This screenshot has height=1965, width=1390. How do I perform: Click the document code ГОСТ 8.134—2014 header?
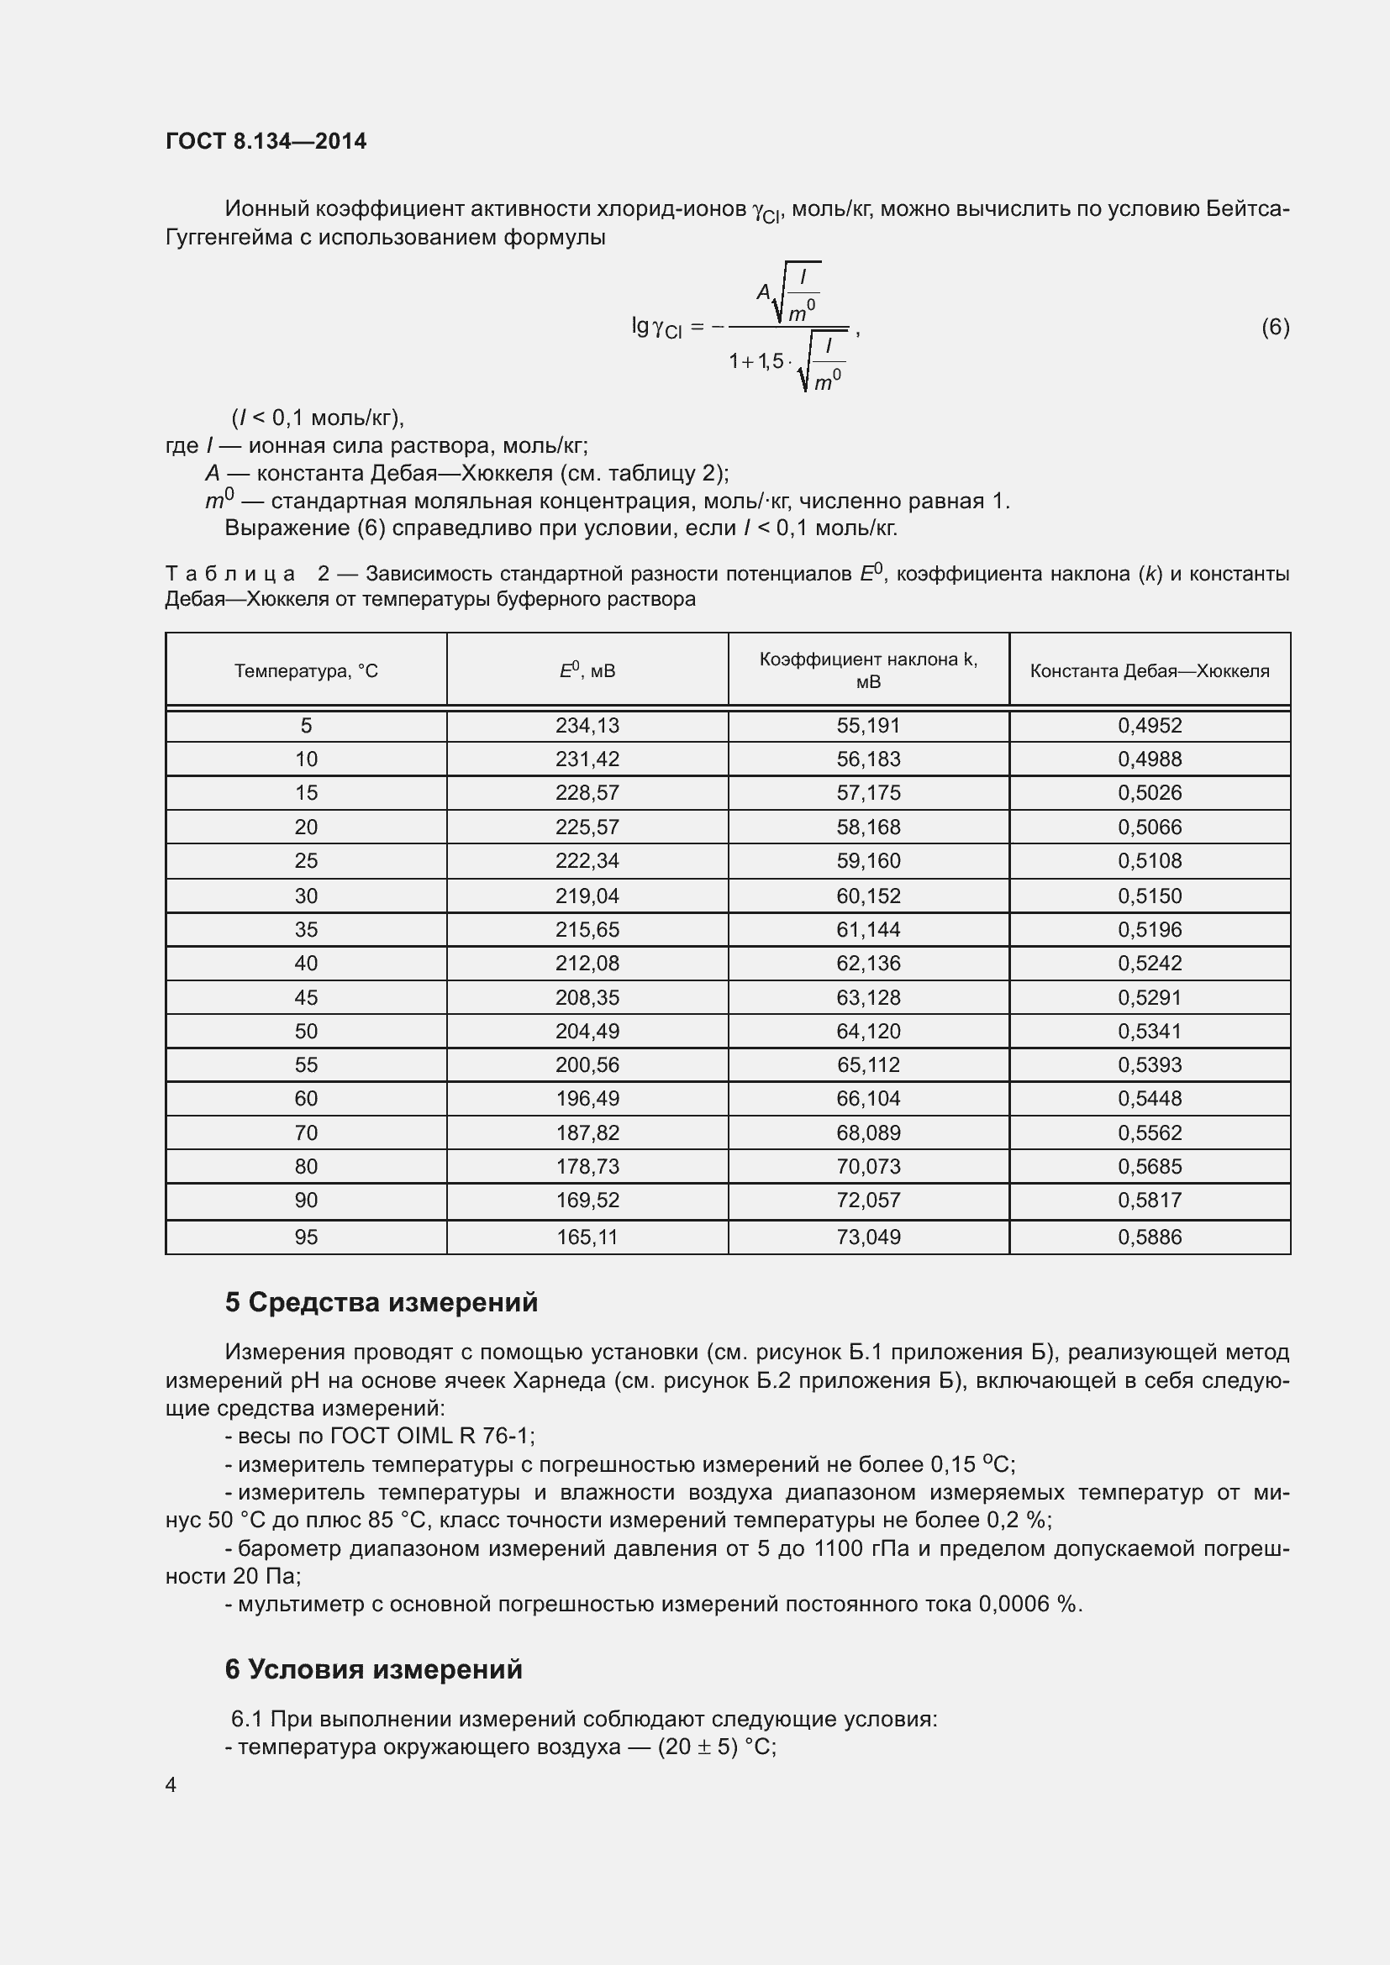(x=266, y=141)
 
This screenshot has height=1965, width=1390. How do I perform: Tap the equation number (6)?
(x=1275, y=327)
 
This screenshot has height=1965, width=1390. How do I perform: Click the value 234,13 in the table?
(x=587, y=726)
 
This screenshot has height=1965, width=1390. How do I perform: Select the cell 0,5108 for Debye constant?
(x=1149, y=861)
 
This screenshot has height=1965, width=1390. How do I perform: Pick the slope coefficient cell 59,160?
(x=868, y=861)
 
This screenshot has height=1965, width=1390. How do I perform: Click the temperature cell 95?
(x=306, y=1237)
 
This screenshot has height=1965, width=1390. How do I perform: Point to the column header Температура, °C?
(x=306, y=671)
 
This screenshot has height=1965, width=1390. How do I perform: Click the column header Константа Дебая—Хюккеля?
(x=1149, y=671)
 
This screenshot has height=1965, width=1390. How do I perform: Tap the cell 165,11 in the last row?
(x=587, y=1237)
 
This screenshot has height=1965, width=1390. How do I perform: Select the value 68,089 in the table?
(x=868, y=1133)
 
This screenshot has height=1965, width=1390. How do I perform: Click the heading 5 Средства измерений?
(x=381, y=1303)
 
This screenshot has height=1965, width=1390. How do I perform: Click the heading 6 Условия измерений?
(x=373, y=1669)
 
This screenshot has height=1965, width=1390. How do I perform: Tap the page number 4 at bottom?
(x=171, y=1785)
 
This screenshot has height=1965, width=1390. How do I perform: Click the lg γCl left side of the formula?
(x=656, y=328)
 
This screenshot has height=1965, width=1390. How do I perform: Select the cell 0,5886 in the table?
(x=1149, y=1237)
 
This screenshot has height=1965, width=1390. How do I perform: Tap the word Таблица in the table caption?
(x=230, y=575)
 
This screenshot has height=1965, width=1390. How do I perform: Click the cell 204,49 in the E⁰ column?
(x=587, y=1032)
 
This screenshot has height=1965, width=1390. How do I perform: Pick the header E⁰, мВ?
(x=587, y=671)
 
